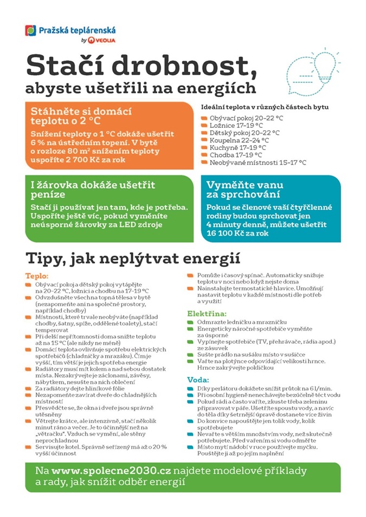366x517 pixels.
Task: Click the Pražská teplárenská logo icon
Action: tap(30, 31)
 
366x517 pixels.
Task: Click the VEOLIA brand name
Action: tap(105, 40)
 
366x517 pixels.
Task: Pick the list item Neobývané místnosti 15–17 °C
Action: tap(258, 162)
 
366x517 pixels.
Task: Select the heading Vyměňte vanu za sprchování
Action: tap(243, 189)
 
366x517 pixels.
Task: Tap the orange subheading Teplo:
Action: tap(37, 276)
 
